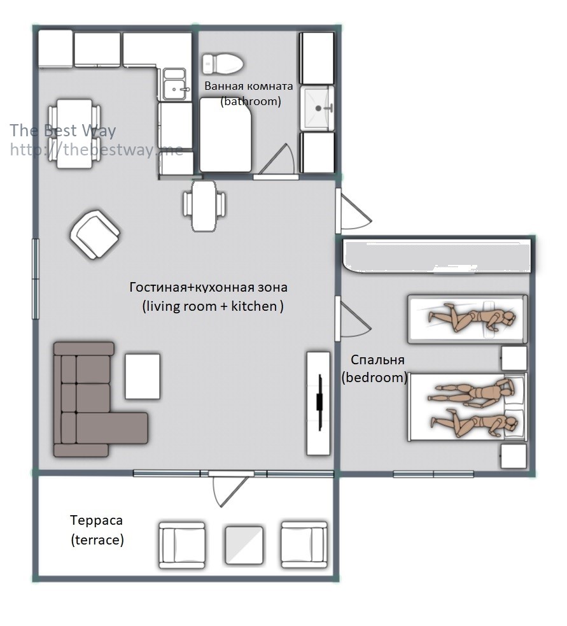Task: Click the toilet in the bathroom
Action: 223,64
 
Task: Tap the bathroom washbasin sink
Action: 317,108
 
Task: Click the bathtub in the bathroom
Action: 226,134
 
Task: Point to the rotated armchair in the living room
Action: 95,235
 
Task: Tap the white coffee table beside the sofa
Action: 143,376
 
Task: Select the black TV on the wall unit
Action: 319,402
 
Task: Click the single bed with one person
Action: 467,319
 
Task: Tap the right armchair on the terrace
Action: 304,544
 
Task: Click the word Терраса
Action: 96,520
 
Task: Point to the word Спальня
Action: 377,360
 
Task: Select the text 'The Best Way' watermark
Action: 62,130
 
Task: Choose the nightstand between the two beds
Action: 514,358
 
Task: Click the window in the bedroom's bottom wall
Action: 433,474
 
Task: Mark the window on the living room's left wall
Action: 36,279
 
